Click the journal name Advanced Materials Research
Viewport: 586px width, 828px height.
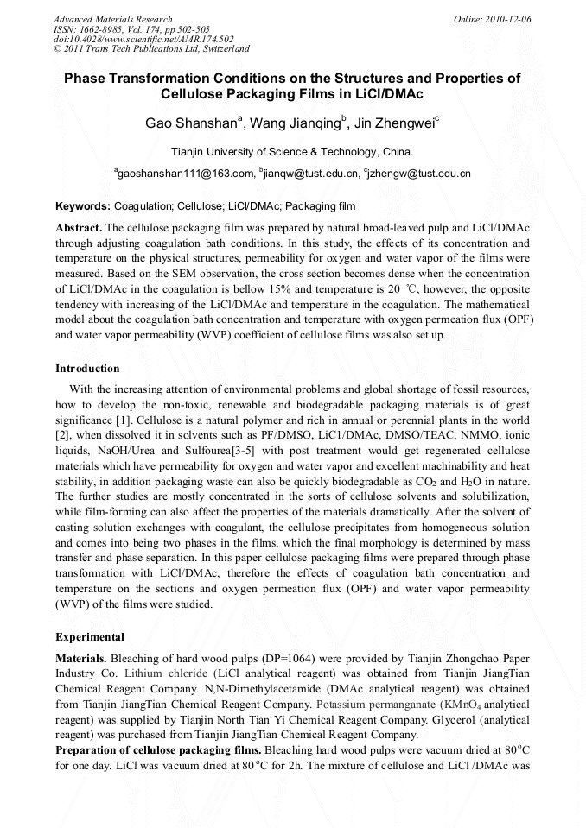(x=112, y=19)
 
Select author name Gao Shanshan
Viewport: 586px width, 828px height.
(x=190, y=123)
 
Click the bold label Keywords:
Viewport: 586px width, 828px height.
(x=83, y=206)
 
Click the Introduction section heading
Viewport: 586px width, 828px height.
(x=87, y=369)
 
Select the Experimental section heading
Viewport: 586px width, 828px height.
(x=90, y=637)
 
